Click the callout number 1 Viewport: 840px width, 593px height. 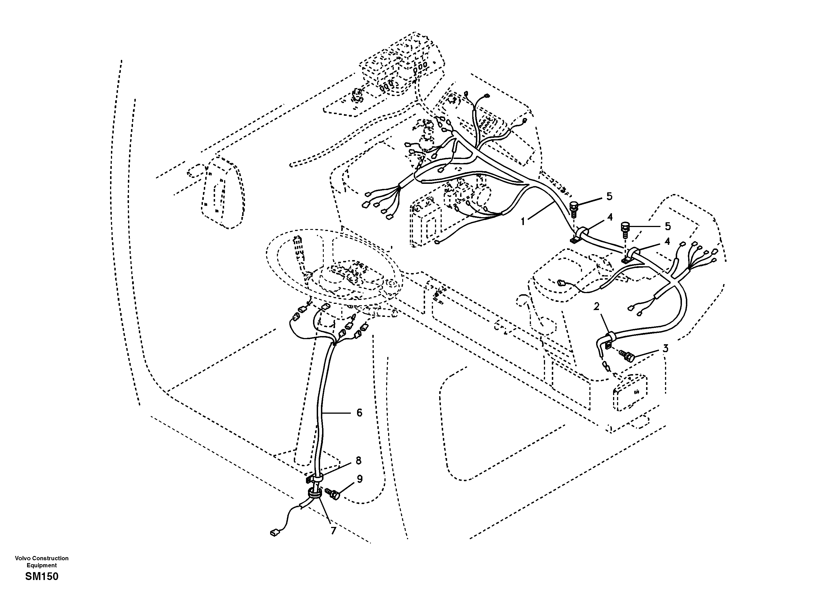(x=523, y=221)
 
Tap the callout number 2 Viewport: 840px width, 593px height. (x=596, y=306)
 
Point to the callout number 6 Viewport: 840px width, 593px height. (x=359, y=413)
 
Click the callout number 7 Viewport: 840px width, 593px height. (x=333, y=530)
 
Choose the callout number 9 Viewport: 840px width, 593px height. (x=360, y=479)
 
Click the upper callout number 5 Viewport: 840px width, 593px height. (x=609, y=196)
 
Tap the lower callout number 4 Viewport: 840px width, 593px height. (x=667, y=241)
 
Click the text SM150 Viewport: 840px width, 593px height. (x=42, y=577)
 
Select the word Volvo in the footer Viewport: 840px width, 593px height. (x=23, y=558)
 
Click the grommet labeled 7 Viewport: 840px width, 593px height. (x=314, y=494)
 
